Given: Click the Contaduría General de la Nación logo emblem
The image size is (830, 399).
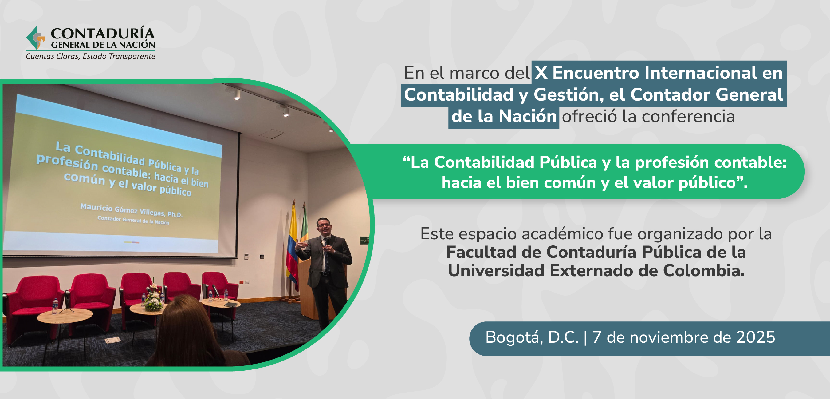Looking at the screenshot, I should [36, 38].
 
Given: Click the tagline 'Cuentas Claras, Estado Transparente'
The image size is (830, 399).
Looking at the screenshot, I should [91, 56].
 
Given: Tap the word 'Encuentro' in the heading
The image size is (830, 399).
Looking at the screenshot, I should [596, 73].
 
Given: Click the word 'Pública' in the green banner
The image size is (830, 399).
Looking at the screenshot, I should [568, 162].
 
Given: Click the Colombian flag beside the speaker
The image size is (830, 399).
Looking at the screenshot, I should [292, 245].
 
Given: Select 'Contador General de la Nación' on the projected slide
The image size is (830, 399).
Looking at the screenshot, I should [133, 220].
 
